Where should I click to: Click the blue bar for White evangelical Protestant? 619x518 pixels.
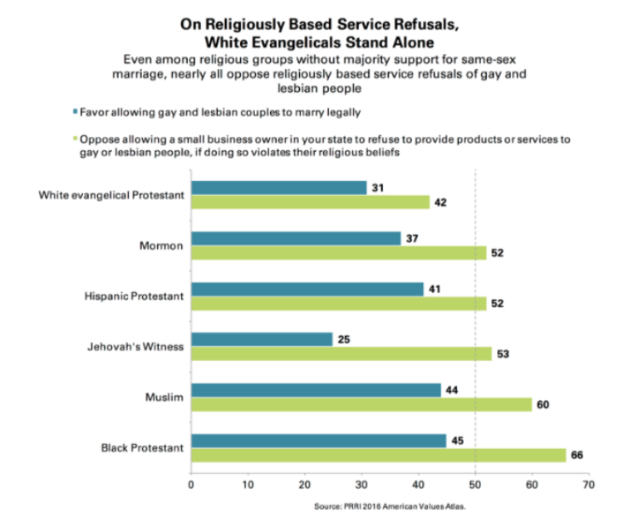point(278,188)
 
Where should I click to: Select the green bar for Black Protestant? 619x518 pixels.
point(378,455)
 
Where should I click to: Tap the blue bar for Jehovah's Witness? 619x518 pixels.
point(262,339)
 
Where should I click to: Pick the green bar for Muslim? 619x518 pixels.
point(361,404)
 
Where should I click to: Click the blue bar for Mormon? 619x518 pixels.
point(296,238)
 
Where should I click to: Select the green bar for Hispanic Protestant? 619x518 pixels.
point(338,304)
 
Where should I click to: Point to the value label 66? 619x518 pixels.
point(577,455)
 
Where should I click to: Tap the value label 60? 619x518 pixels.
point(543,404)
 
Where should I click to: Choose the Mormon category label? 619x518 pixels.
point(159,247)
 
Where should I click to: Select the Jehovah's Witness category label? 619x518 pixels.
point(135,347)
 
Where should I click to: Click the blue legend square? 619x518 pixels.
point(75,110)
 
